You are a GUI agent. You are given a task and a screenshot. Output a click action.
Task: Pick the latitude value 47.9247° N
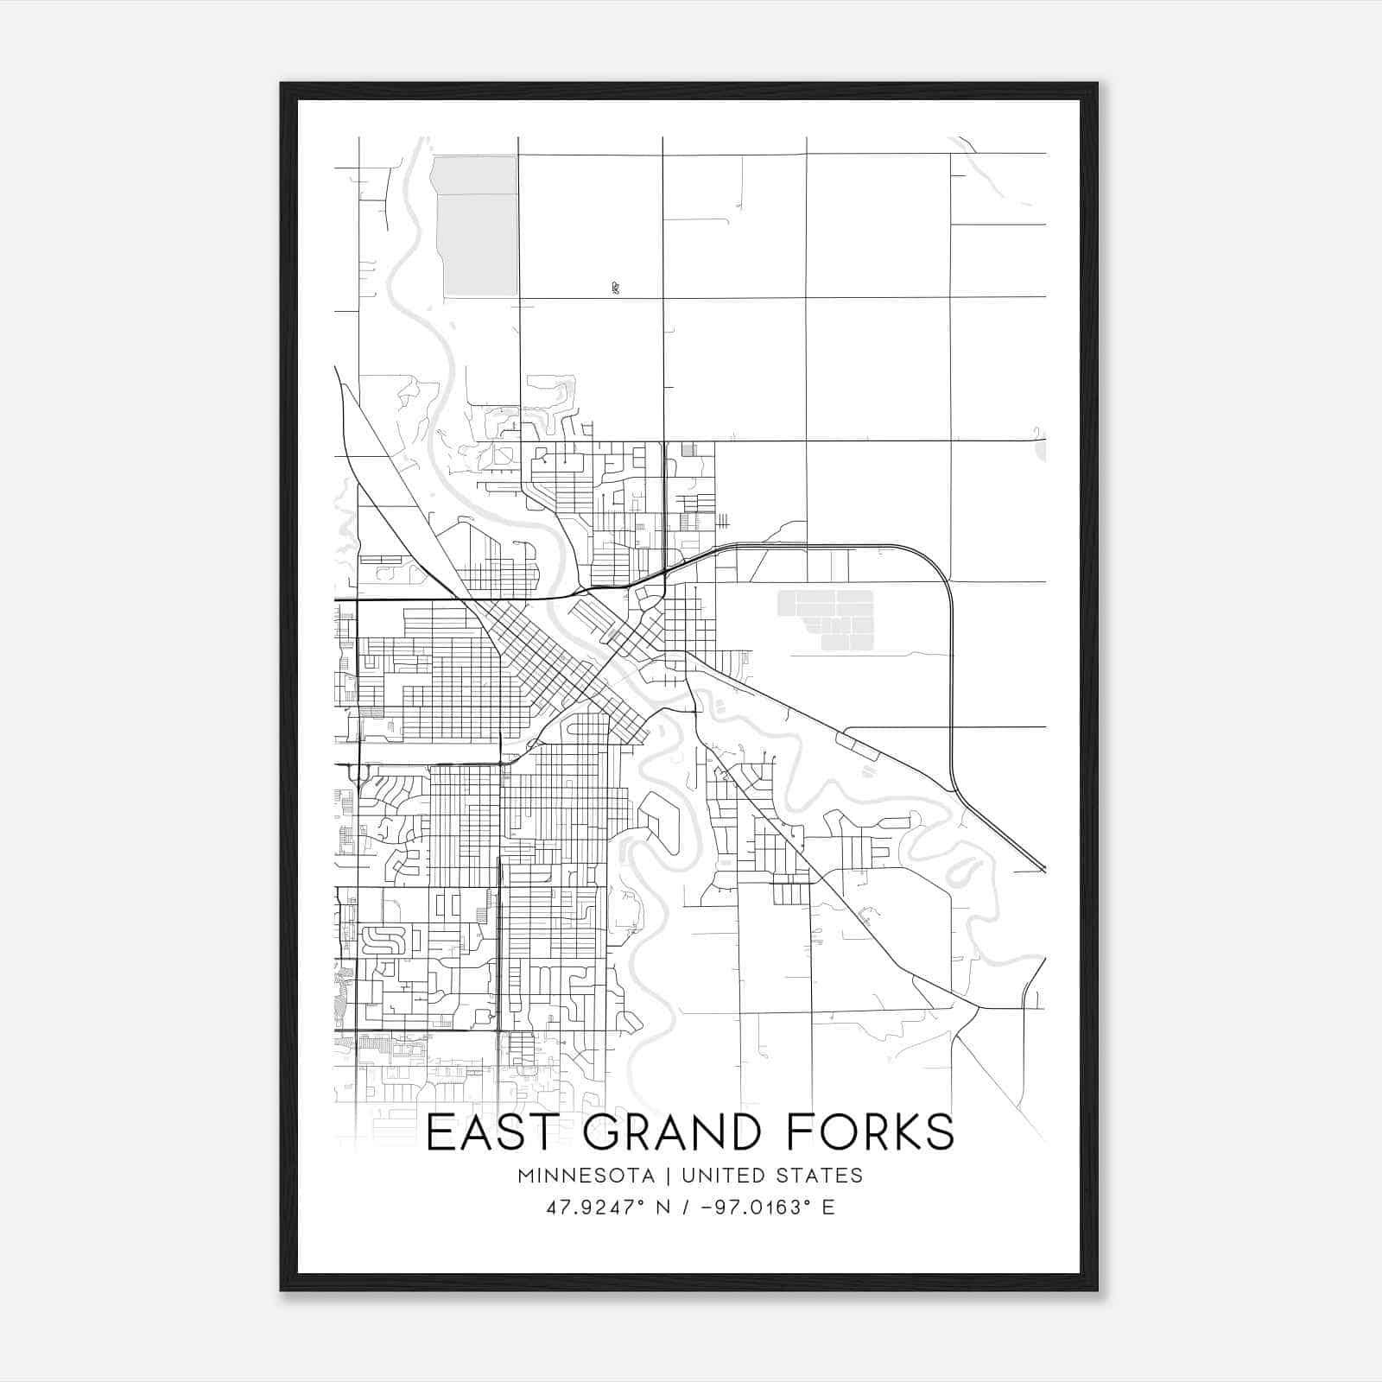tap(608, 1208)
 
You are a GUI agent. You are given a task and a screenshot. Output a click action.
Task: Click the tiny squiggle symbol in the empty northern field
tap(614, 288)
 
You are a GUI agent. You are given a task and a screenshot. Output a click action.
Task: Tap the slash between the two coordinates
tap(686, 1208)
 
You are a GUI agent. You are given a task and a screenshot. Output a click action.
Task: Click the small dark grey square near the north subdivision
tap(688, 449)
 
